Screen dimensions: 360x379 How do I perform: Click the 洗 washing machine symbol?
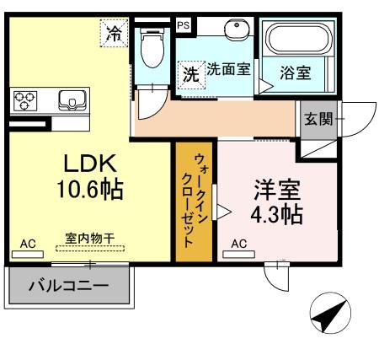coord(191,73)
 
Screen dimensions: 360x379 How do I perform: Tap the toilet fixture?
coord(152,50)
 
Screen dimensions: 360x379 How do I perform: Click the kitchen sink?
coord(70,101)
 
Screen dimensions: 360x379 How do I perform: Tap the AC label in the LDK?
coord(29,244)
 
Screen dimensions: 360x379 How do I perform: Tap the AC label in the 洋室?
coord(238,244)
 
